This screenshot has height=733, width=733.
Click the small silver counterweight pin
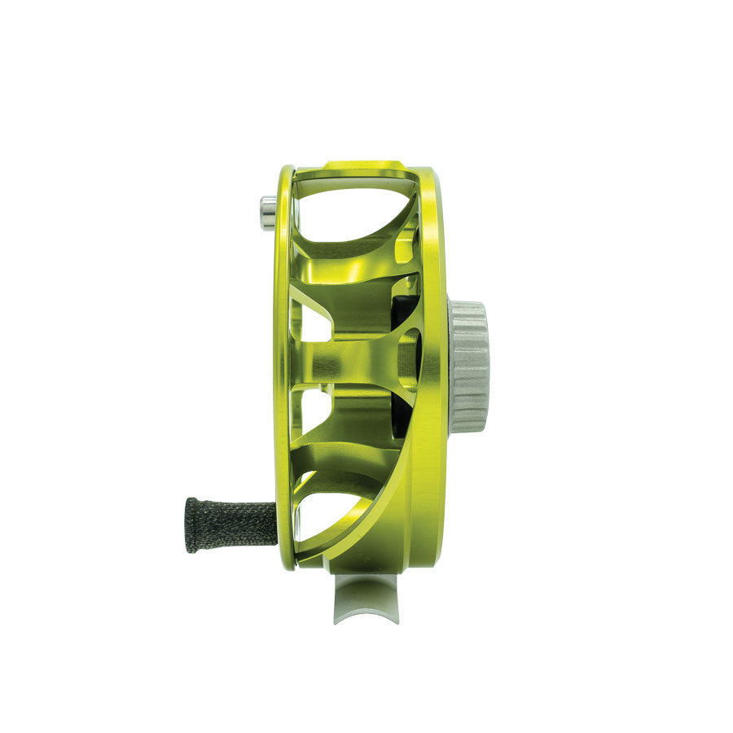pyautogui.click(x=267, y=213)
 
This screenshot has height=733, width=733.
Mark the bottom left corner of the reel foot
pyautogui.click(x=335, y=621)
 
